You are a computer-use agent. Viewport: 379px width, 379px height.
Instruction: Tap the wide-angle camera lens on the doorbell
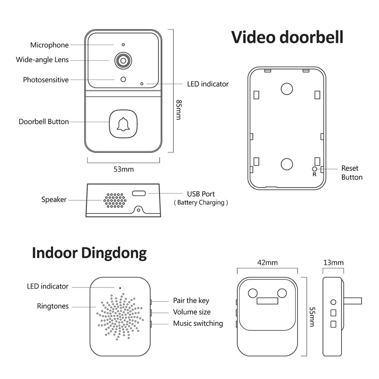[x=123, y=61]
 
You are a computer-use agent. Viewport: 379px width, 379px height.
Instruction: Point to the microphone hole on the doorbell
[x=123, y=45]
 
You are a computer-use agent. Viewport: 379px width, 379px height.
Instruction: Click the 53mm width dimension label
[x=124, y=169]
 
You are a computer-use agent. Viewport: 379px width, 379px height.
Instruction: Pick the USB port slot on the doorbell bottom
[x=140, y=194]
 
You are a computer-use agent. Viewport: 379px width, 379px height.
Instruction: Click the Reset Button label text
[x=351, y=173]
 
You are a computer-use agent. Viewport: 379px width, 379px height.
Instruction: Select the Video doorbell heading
[x=287, y=37]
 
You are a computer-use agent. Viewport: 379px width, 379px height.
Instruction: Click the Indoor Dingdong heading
[x=89, y=253]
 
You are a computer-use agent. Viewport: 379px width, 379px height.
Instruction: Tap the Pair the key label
[x=191, y=301]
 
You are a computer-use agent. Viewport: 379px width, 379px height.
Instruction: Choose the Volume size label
[x=192, y=312]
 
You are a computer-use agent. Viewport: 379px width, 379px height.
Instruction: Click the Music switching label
[x=198, y=323]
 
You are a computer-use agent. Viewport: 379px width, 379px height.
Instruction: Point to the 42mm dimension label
[x=267, y=263]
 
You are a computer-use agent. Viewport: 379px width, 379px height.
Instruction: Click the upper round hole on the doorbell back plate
[x=287, y=88]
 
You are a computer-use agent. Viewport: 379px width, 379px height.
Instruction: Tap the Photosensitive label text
[x=46, y=80]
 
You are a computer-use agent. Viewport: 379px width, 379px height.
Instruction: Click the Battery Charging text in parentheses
[x=201, y=203]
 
